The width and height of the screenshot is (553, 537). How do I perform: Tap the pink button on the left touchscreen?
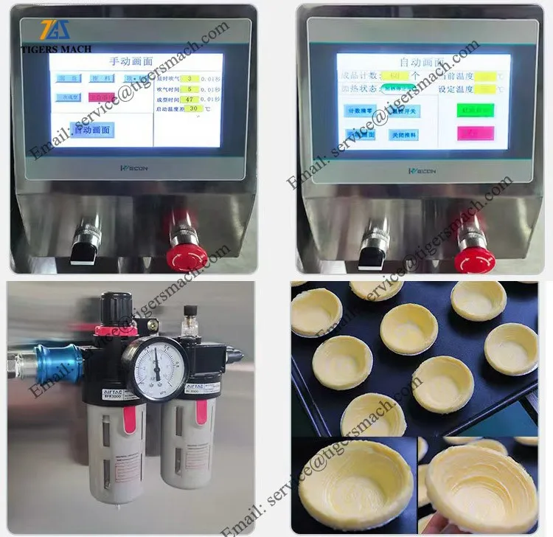pyautogui.click(x=102, y=97)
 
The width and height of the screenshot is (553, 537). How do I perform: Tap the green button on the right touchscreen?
pyautogui.click(x=475, y=110)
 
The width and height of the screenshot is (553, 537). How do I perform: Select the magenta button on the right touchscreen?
pyautogui.click(x=475, y=133)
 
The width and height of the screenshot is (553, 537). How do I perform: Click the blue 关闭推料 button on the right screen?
pyautogui.click(x=403, y=135)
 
